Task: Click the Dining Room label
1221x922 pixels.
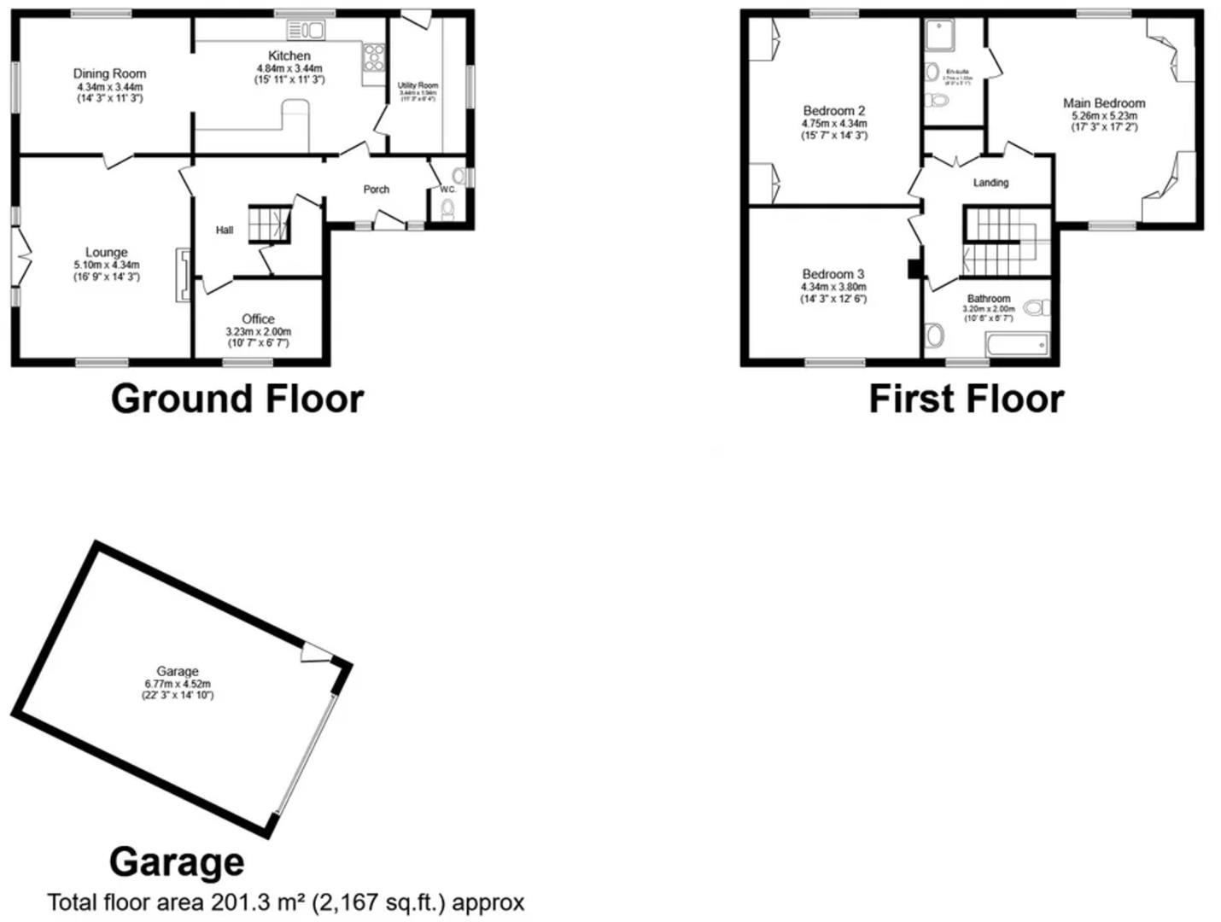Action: point(109,74)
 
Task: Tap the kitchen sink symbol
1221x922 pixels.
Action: point(307,31)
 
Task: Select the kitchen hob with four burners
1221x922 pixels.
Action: point(373,58)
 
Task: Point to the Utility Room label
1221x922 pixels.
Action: point(418,85)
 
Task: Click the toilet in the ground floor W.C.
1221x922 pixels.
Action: point(447,209)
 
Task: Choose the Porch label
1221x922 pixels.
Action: point(377,190)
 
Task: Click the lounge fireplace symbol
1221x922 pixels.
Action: point(182,274)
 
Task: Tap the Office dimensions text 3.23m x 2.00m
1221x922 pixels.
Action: point(258,332)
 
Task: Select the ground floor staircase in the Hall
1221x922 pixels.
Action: point(268,224)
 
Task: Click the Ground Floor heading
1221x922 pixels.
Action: point(237,399)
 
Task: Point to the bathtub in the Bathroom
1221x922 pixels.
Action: point(1017,345)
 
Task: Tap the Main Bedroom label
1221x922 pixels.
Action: point(1104,103)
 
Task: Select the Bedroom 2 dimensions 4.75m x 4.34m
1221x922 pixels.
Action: point(834,124)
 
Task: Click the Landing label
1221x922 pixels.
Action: point(990,183)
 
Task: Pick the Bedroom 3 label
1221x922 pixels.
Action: point(833,274)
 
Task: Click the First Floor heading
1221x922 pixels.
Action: point(966,399)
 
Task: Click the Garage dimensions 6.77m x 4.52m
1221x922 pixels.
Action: point(178,684)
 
